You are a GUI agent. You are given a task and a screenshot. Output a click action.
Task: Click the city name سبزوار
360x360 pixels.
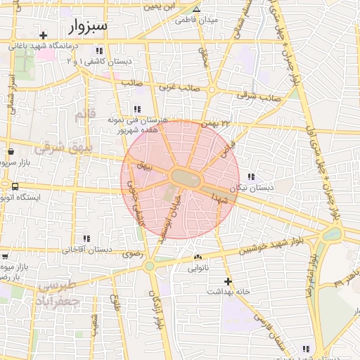click(89, 27)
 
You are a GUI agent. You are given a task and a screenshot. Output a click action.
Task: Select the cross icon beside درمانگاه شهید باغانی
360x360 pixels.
click(44, 35)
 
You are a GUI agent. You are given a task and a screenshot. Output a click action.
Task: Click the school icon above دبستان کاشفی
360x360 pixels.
click(100, 51)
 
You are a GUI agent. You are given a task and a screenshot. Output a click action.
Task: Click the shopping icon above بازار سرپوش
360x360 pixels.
click(11, 151)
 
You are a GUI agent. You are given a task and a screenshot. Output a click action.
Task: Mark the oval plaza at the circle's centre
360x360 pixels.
click(186, 176)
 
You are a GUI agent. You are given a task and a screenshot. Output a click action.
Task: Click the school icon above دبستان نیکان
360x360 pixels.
click(251, 176)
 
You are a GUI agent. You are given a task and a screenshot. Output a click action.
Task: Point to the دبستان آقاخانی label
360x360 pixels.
click(87, 250)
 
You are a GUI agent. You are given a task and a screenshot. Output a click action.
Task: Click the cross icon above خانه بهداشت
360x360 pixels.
click(226, 281)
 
